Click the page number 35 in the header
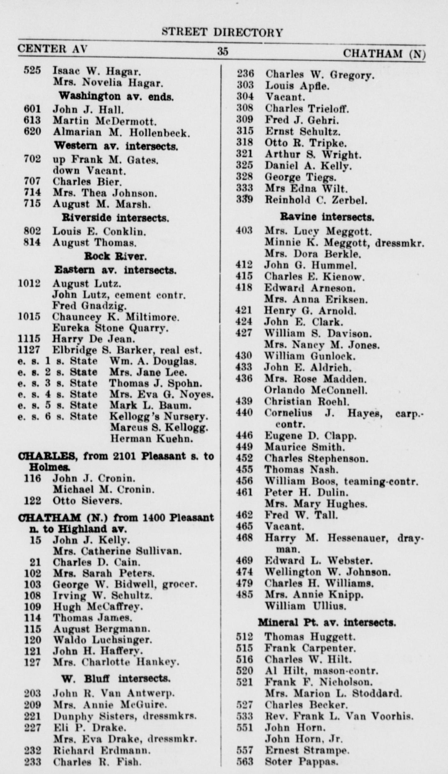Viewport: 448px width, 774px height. click(222, 51)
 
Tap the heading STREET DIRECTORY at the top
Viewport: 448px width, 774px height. click(222, 32)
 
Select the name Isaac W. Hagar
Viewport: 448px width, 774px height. click(96, 71)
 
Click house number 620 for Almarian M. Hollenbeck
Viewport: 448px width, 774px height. click(32, 132)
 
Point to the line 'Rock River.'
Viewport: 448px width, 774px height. click(115, 256)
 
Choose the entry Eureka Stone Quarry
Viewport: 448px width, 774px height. click(110, 328)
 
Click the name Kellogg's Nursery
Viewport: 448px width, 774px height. click(158, 416)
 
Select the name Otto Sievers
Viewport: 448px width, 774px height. click(87, 501)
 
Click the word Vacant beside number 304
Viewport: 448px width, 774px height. click(285, 97)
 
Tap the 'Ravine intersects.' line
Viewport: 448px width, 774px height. click(327, 217)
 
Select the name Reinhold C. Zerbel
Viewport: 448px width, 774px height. click(316, 200)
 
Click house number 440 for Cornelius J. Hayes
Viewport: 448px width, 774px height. click(244, 413)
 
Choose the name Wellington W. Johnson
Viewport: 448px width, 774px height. click(327, 572)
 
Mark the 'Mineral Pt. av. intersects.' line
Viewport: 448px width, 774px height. click(327, 623)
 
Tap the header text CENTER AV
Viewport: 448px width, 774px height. click(52, 49)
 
